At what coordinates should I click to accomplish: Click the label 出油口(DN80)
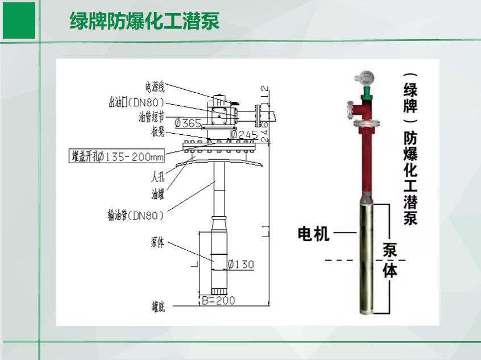[x=136, y=102]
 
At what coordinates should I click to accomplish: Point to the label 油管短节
[x=151, y=117]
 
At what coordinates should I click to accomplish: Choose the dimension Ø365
[x=188, y=123]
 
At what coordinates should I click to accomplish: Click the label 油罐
[x=157, y=195]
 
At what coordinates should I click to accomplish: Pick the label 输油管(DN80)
[x=135, y=215]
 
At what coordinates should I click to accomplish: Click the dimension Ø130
[x=240, y=264]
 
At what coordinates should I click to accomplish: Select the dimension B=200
[x=218, y=301]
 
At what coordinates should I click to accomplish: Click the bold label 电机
[x=313, y=233]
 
